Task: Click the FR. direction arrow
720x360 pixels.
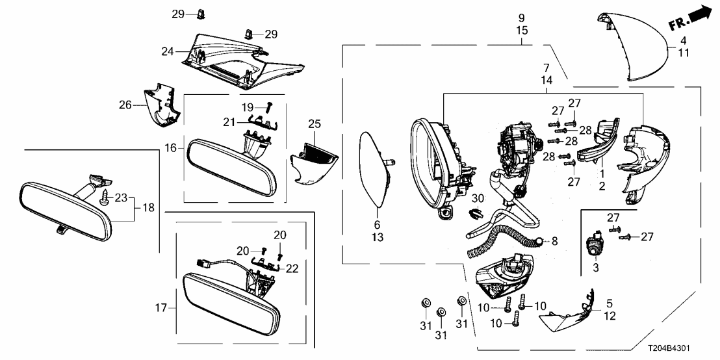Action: tap(692, 18)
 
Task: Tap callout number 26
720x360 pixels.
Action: tap(125, 104)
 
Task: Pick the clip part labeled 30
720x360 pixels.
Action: tap(476, 213)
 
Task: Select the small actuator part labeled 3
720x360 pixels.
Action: tap(593, 246)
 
